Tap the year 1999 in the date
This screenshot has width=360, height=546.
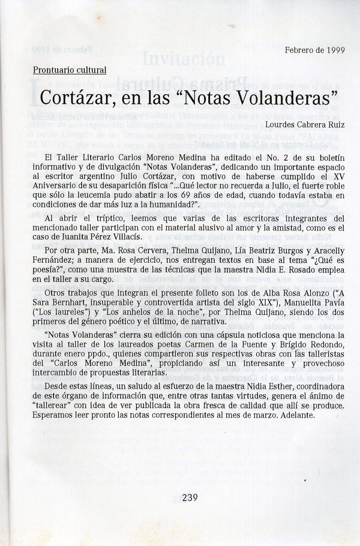(x=332, y=50)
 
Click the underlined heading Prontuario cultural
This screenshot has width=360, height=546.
(x=70, y=70)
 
